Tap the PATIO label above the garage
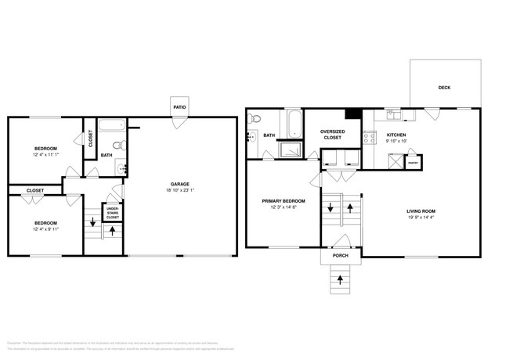(x=180, y=107)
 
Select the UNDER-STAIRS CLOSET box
(x=113, y=213)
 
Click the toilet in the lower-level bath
(x=117, y=145)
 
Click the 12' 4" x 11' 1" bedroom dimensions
(x=46, y=156)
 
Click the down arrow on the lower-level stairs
(x=93, y=221)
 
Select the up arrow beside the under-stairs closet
(x=113, y=231)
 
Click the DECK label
(x=444, y=88)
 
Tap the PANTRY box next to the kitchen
(x=411, y=163)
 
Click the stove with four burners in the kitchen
(x=369, y=137)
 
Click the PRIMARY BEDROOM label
(x=283, y=200)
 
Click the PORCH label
(x=340, y=255)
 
